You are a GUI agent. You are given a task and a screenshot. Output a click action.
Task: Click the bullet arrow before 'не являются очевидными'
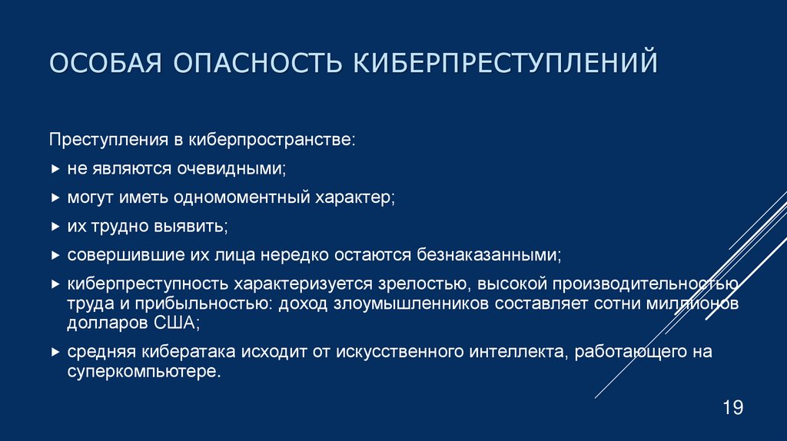pyautogui.click(x=55, y=168)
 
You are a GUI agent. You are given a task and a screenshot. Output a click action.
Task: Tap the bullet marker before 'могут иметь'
pyautogui.click(x=55, y=197)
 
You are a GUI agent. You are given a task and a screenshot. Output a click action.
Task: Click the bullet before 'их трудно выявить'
pyautogui.click(x=55, y=226)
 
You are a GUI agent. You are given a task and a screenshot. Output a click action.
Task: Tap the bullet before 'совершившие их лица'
pyautogui.click(x=55, y=254)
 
